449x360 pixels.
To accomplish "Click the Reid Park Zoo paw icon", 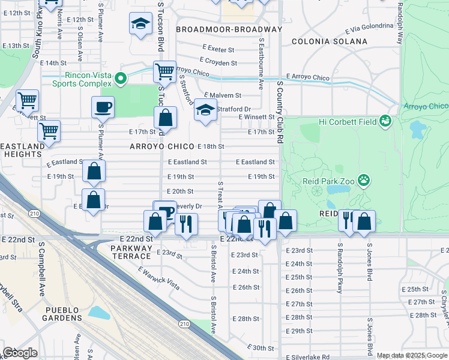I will coord(363,179).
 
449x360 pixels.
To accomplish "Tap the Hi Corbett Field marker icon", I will coord(385,122).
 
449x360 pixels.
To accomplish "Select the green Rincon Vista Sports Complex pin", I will coord(121,78).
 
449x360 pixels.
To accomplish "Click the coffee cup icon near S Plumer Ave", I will coord(103,107).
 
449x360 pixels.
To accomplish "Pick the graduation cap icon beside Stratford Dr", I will coord(205,110).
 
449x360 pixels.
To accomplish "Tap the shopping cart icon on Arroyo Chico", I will coord(164,72).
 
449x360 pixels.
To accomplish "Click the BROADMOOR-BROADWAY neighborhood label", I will coord(229,29).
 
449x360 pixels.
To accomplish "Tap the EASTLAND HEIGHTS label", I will coord(23,150).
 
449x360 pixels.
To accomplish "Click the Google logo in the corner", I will coord(20,353).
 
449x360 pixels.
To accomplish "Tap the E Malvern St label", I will coord(222,95).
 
